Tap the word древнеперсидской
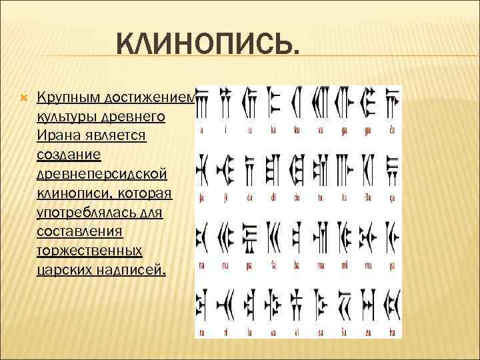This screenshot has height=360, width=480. (x=103, y=174)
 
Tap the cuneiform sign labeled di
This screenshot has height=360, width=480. (x=273, y=167)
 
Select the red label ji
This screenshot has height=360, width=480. (x=225, y=197)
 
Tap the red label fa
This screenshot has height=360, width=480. (x=273, y=265)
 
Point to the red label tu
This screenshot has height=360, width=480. (x=345, y=197)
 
